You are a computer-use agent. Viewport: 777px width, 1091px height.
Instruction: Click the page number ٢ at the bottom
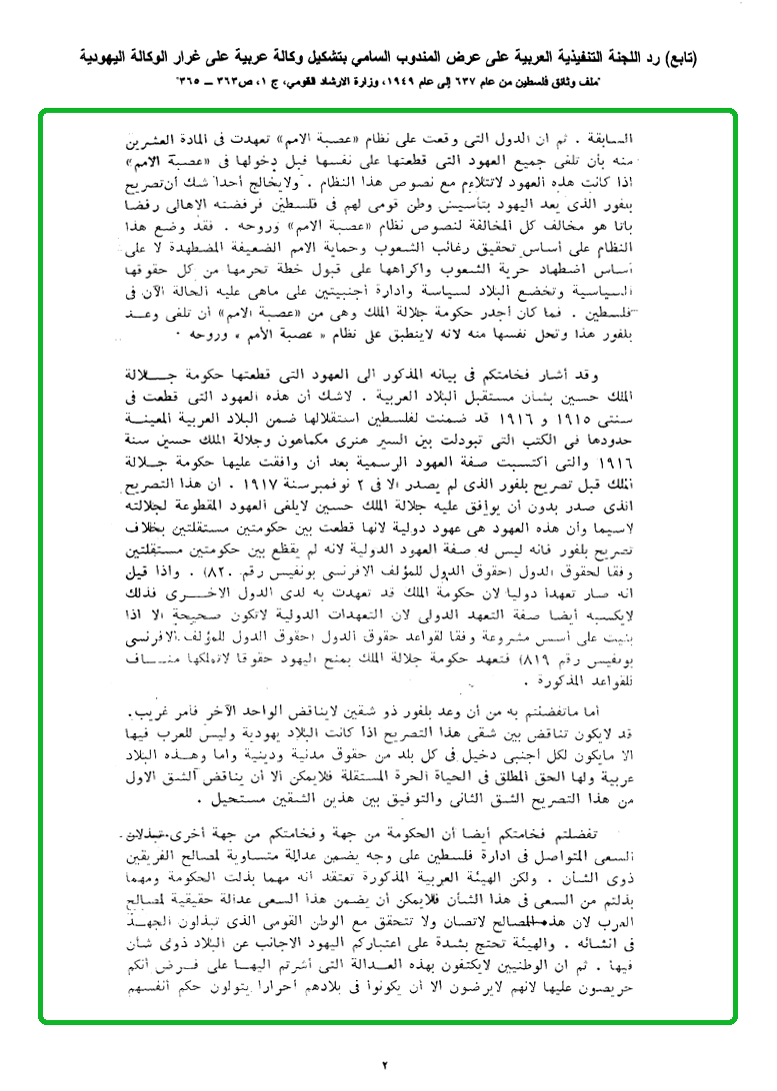point(384,1064)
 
